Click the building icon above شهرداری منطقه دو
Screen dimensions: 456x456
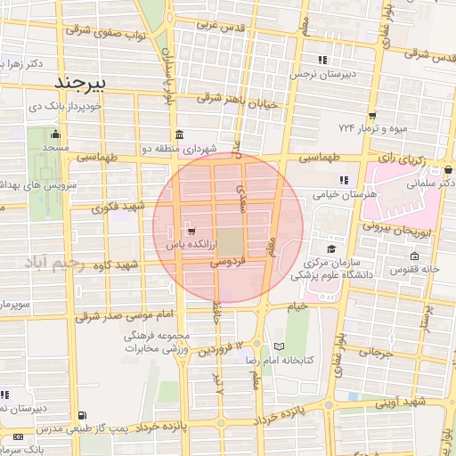click(180, 135)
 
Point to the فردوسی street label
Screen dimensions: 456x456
click(228, 264)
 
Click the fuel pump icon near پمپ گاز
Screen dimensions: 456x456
click(84, 415)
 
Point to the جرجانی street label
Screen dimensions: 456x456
click(376, 353)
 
